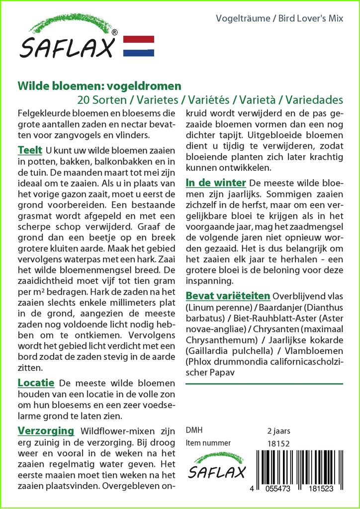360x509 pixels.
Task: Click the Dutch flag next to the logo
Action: point(138,46)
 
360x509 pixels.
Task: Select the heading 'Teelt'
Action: point(29,150)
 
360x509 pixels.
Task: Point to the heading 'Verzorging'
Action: point(46,430)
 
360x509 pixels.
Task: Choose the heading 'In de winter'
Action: point(215,182)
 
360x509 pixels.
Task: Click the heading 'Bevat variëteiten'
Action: point(228,296)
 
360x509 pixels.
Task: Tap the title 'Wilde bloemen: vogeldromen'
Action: point(99,86)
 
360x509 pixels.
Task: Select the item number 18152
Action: point(278,443)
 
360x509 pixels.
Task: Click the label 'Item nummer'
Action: point(208,443)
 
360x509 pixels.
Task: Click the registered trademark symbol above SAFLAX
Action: point(115,32)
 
